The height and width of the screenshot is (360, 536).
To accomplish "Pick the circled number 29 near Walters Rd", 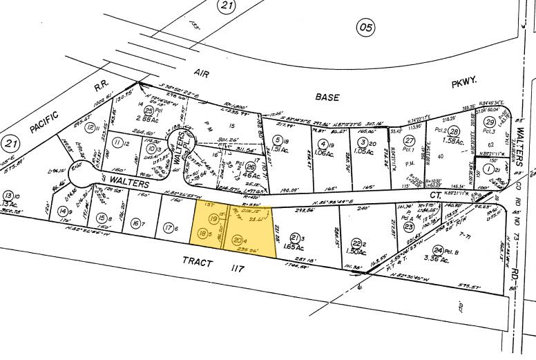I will pos(490,122).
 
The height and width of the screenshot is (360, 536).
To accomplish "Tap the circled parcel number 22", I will pos(357,243).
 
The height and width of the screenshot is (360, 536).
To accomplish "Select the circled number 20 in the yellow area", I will pos(237,240).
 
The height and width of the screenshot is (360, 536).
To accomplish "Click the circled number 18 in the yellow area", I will pos(203,234).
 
